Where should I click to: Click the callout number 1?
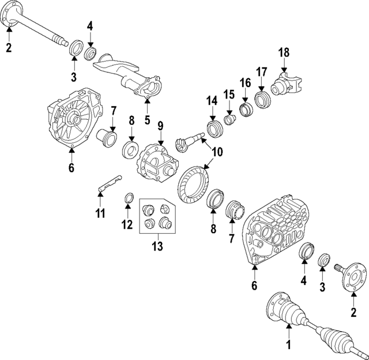click(x=289, y=346)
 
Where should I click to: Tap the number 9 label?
click(x=161, y=125)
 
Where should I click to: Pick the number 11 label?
click(x=100, y=214)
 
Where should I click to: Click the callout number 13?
click(x=157, y=247)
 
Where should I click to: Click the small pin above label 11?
click(x=108, y=183)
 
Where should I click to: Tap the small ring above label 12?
click(x=130, y=200)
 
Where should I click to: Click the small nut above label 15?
click(x=230, y=119)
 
